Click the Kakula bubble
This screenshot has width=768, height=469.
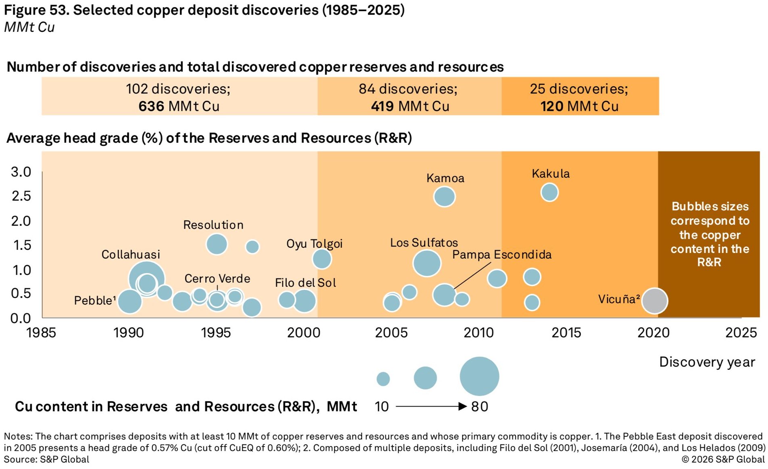pos(549,192)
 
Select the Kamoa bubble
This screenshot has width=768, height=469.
pos(444,197)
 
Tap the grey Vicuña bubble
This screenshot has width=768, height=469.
pos(655,301)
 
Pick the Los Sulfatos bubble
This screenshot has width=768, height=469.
pos(427,263)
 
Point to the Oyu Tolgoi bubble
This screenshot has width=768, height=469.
pos(322,259)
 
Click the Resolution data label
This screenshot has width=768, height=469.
pos(213,225)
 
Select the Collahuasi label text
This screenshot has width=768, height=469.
pos(131,255)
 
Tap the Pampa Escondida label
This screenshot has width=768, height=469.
pos(502,255)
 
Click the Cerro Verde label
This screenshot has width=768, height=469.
pos(217,278)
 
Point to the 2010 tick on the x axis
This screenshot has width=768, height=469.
pos(479,333)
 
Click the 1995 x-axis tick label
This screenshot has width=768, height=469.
pos(216,333)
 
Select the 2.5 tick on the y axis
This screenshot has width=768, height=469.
pos(21,196)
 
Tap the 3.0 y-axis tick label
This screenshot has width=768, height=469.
pos(21,172)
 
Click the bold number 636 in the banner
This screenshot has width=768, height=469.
pos(151,106)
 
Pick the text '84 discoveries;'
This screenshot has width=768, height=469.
pos(408,89)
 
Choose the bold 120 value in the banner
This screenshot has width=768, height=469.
pos(552,106)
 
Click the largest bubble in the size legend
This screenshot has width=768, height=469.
pos(479,376)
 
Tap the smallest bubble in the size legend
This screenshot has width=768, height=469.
pos(383,379)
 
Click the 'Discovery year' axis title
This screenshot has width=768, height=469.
pos(707,362)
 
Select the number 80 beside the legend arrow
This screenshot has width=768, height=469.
pos(480,407)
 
